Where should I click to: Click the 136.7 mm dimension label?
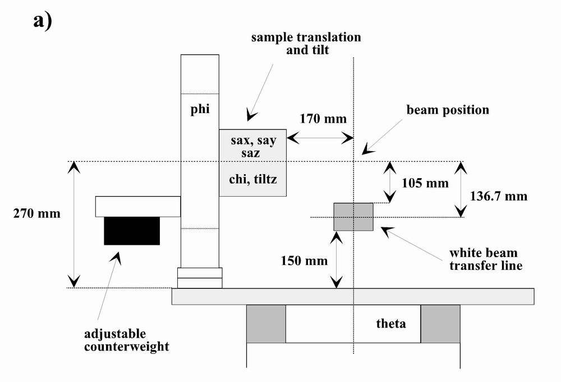(497, 196)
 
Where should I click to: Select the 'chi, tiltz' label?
(254, 180)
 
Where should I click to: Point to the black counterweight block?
(132, 231)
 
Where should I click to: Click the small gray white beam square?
(353, 217)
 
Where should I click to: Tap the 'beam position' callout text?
(448, 110)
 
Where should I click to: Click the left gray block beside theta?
(266, 324)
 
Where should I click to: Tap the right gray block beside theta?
(440, 324)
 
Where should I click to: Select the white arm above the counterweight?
(138, 206)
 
